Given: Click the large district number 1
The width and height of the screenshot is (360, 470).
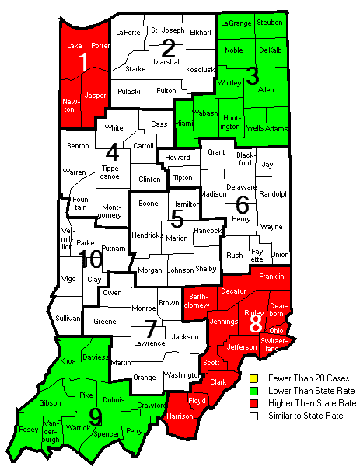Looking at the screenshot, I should [x=82, y=63].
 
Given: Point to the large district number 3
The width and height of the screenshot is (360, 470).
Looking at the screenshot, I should [x=252, y=76].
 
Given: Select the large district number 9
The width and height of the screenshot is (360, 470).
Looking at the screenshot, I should [x=95, y=417].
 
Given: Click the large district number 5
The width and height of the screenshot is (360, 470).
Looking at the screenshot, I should [x=177, y=218].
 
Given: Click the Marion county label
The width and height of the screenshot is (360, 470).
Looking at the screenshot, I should [x=177, y=238].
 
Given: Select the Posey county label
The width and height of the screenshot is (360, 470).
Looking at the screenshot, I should [x=29, y=430].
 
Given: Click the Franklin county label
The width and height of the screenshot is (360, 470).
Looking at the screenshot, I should [x=271, y=277].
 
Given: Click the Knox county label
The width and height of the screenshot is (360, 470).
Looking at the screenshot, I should [x=68, y=362].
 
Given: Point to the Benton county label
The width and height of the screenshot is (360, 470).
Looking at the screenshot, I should [x=78, y=145].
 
